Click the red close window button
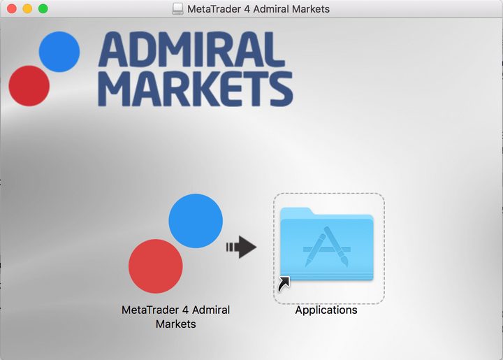[12, 8]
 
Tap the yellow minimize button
[27, 8]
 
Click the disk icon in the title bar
[177, 8]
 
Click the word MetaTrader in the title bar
[214, 9]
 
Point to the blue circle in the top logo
[59, 52]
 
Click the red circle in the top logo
[29, 86]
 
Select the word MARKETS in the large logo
[196, 89]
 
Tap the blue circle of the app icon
[196, 221]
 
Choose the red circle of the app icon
[156, 266]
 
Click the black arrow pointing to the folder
[242, 247]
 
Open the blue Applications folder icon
[327, 245]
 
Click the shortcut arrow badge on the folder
[284, 284]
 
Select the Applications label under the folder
[326, 310]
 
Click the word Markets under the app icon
[176, 324]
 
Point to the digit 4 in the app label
[185, 310]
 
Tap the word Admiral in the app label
[211, 310]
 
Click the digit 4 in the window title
[247, 9]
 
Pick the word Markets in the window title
[310, 9]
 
